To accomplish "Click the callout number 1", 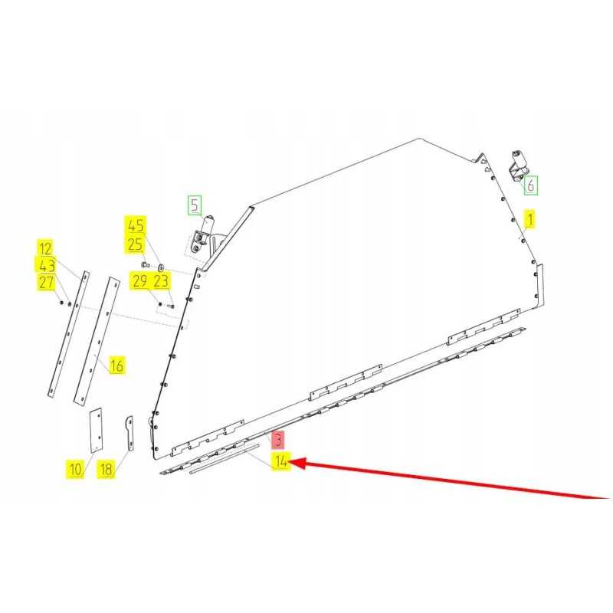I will pos(529,220).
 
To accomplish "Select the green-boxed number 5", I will pos(195,205).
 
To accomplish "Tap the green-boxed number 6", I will pos(530,185).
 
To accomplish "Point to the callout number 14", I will pos(282,461).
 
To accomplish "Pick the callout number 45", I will pos(136,226).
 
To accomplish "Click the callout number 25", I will pos(136,244).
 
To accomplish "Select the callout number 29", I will pos(140,281).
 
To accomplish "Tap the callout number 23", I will pos(161,281).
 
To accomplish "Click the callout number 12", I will pos(46,247).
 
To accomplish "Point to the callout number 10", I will pos(74,469).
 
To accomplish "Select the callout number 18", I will pos(107,469).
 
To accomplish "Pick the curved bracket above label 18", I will pos(129,433).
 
